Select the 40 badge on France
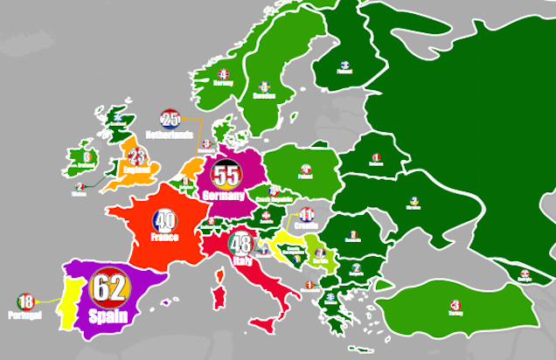(x=164, y=221)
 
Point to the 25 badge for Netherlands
(x=170, y=121)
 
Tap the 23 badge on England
(x=136, y=157)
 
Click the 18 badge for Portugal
(x=24, y=301)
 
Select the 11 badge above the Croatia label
(x=306, y=214)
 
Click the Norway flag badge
(x=223, y=74)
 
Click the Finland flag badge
(x=345, y=64)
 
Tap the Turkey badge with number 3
(x=455, y=306)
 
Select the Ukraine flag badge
(x=414, y=201)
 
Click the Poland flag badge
(x=306, y=169)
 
